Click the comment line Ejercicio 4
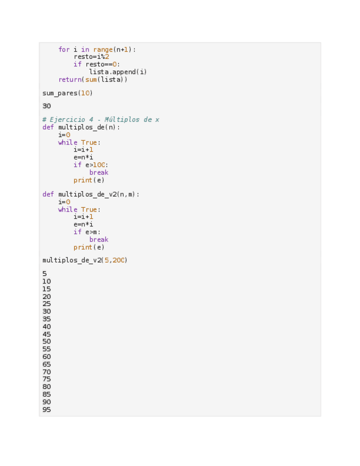click(101, 120)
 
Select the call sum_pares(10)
click(68, 93)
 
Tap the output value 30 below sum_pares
click(47, 106)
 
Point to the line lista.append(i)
click(118, 72)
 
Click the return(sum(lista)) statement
click(93, 80)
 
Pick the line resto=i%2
click(91, 57)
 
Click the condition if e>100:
click(91, 165)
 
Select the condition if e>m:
click(87, 232)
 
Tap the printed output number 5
click(45, 274)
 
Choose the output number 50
click(47, 342)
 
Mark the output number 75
click(47, 379)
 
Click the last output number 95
click(47, 409)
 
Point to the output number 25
click(47, 304)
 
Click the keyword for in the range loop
click(64, 49)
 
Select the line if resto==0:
click(97, 64)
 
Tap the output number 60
click(47, 357)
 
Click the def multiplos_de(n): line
click(81, 127)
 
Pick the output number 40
click(47, 326)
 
